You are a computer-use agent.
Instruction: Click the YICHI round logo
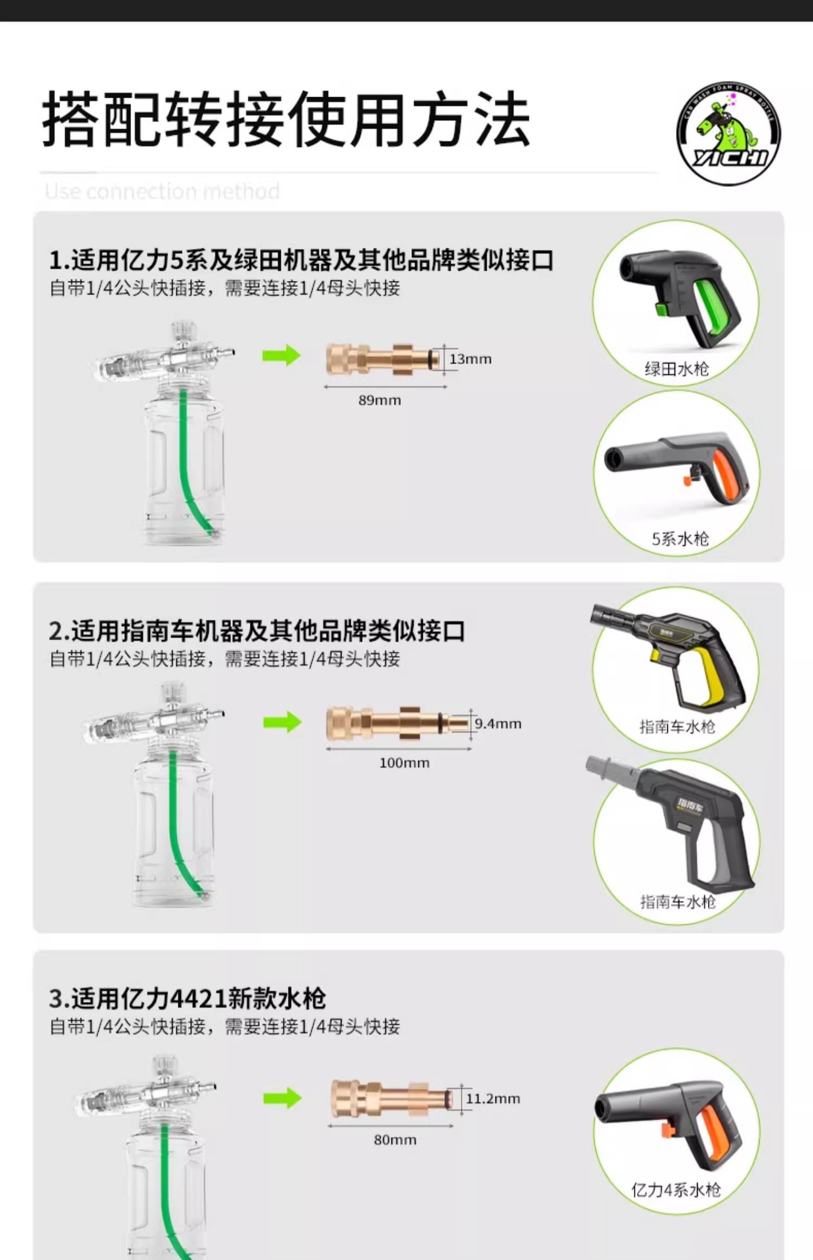coord(728,134)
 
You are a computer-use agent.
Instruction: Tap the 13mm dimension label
coord(470,359)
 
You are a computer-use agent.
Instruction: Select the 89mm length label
coord(379,400)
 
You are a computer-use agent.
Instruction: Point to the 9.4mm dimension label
coord(498,724)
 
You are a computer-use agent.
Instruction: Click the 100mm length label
coord(404,763)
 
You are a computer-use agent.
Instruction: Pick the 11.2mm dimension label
coord(492,1099)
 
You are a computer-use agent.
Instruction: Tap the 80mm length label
coord(395,1140)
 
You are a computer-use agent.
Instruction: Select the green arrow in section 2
coord(282,723)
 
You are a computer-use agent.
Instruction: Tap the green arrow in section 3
coord(282,1098)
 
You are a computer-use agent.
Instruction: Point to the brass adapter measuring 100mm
coord(397,723)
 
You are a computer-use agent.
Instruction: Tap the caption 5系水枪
coord(680,539)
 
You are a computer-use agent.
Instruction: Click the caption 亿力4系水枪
coord(675,1190)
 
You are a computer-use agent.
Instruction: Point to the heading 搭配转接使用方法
coord(286,119)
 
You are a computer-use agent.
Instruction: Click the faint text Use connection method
coord(162,192)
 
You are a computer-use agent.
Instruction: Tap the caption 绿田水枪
coord(677,369)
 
